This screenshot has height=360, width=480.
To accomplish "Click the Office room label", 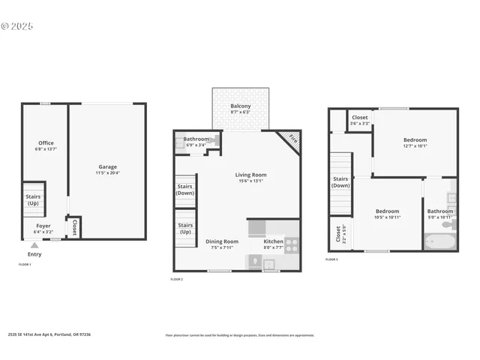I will (46, 143).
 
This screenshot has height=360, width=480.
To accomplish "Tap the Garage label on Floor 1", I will (107, 167).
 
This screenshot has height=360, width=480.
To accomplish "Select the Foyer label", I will (43, 226).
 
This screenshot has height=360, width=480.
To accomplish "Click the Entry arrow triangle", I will (34, 244).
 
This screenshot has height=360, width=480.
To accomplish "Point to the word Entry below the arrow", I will (34, 254).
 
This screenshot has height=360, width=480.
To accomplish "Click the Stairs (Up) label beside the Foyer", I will (33, 199).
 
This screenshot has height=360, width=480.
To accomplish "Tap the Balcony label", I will (240, 106).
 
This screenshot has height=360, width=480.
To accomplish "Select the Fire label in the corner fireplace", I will (291, 140).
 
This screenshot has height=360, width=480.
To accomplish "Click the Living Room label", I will (251, 175).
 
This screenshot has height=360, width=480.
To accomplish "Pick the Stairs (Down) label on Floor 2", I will (185, 190).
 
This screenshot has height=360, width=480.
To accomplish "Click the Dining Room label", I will (221, 241).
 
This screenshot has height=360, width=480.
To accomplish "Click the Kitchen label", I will (273, 241).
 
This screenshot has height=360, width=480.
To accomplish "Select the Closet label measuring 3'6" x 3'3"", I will (360, 118).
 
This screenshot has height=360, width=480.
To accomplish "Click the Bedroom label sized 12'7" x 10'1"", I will (415, 140).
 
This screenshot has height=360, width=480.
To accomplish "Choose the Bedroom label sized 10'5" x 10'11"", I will (387, 211).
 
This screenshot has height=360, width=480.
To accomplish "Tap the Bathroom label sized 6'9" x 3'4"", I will (196, 139).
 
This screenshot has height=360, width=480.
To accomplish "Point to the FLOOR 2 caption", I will (177, 279).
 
